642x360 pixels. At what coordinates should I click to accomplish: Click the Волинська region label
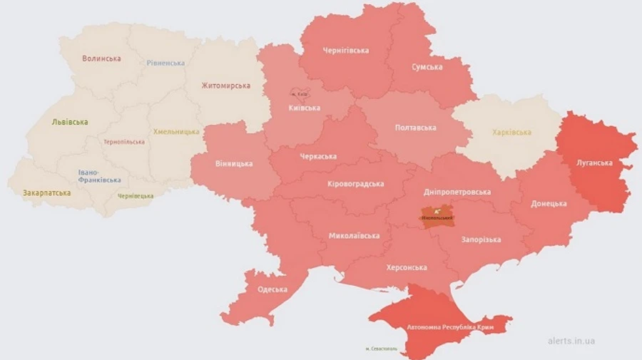tap(101, 58)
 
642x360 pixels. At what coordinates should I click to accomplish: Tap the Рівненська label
tap(165, 63)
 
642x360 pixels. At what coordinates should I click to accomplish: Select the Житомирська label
tap(225, 86)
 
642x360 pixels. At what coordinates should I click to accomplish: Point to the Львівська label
tap(70, 122)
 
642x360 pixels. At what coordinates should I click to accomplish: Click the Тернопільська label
tap(123, 142)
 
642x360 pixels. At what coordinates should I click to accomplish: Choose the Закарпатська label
tap(46, 192)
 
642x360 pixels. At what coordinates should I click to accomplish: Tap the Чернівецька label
tap(135, 196)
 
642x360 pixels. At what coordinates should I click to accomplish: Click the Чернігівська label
tap(345, 51)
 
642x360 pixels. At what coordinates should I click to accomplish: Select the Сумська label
tap(427, 67)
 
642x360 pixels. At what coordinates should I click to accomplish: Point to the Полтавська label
tap(415, 128)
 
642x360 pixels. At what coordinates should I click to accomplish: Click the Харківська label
tap(511, 133)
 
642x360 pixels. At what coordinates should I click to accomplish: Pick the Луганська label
tap(594, 163)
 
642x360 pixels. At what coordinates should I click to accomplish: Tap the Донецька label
tap(549, 204)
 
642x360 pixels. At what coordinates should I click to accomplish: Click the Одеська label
tap(272, 289)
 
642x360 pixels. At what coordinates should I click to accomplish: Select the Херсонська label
tap(406, 267)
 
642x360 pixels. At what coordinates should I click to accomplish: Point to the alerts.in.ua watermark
tap(571, 341)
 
